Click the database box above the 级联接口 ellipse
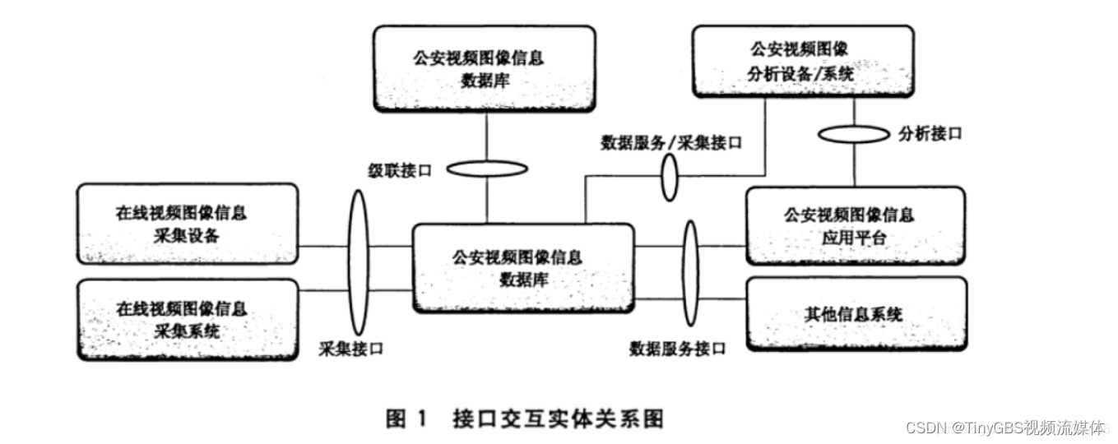pyautogui.click(x=484, y=68)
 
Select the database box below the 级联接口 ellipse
pyautogui.click(x=522, y=268)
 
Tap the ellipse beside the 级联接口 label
pyautogui.click(x=487, y=169)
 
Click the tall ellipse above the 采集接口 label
pyautogui.click(x=358, y=259)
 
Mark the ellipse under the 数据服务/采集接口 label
pyautogui.click(x=670, y=176)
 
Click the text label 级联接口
pyautogui.click(x=399, y=170)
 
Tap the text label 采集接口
pyautogui.click(x=351, y=349)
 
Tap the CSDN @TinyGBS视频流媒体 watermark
pyautogui.click(x=1004, y=428)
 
